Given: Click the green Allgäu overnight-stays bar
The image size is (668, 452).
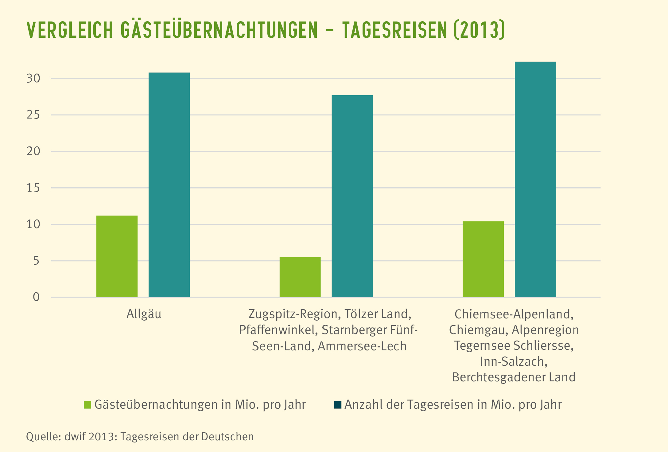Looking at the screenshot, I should click(x=117, y=256).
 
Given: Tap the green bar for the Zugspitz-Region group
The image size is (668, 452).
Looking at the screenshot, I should click(x=300, y=277).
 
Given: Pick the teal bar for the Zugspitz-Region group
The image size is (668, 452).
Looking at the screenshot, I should click(x=352, y=196).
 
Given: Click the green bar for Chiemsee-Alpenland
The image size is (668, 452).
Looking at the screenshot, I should click(x=483, y=259).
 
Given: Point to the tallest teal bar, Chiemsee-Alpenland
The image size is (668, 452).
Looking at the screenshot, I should click(x=535, y=179).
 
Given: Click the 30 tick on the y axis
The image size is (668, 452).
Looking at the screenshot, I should click(x=33, y=79).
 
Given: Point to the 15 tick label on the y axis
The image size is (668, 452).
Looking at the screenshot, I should click(x=33, y=188).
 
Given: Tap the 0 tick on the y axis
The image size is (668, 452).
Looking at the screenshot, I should click(x=36, y=297).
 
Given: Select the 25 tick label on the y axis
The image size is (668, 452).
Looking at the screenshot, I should click(x=33, y=115).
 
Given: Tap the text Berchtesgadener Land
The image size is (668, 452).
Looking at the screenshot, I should click(x=514, y=377).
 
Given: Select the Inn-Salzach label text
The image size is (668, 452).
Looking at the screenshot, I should click(x=514, y=362).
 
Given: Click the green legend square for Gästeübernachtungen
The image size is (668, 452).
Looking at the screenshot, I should click(x=87, y=405).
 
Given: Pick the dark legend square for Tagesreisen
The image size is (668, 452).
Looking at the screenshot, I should click(x=337, y=405).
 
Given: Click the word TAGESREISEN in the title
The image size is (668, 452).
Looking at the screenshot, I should click(x=394, y=30).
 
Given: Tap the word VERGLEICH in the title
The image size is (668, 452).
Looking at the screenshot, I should click(x=70, y=30).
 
